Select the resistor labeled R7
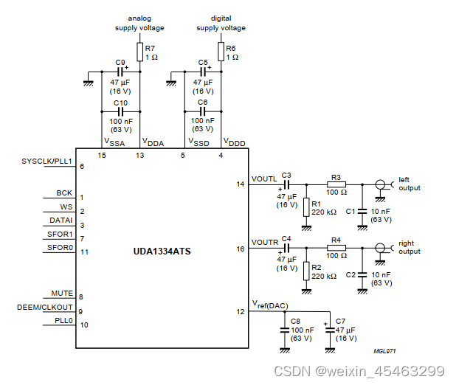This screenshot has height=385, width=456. [139, 52]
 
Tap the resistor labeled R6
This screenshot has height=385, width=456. [221, 52]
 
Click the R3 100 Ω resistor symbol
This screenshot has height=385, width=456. [336, 184]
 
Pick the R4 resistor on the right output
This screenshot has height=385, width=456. [336, 249]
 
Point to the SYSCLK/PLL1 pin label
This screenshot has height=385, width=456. [47, 162]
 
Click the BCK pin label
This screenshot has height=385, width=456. [64, 193]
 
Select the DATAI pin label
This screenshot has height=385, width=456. [61, 221]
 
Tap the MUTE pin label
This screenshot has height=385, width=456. [62, 294]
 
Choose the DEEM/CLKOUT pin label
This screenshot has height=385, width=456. [45, 307]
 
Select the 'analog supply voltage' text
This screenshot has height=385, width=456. [139, 23]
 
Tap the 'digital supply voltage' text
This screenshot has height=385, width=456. [221, 23]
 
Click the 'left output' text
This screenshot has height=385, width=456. [409, 184]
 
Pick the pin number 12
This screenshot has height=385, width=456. [239, 311]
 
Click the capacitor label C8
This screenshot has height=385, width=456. [295, 321]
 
